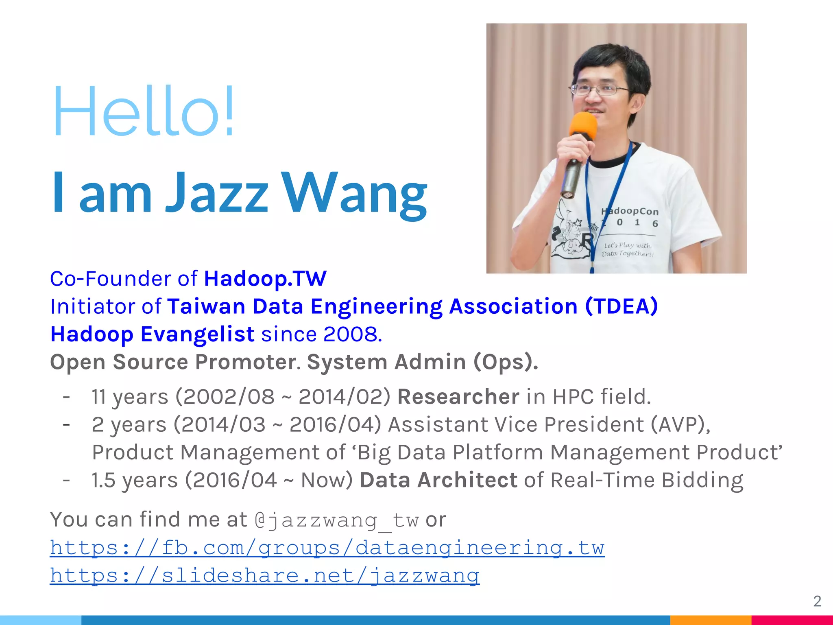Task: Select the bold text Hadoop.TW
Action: (265, 279)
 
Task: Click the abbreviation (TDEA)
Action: (621, 306)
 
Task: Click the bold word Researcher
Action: (458, 397)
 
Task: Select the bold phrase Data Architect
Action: (438, 480)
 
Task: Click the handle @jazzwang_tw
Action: (336, 520)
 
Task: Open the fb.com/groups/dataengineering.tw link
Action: (327, 548)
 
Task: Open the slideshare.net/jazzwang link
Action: (264, 575)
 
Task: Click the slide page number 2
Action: (817, 601)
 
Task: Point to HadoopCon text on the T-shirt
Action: (630, 211)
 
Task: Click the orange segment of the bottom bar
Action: (710, 620)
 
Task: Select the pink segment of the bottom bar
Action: (792, 620)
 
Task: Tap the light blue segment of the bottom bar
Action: (41, 620)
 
